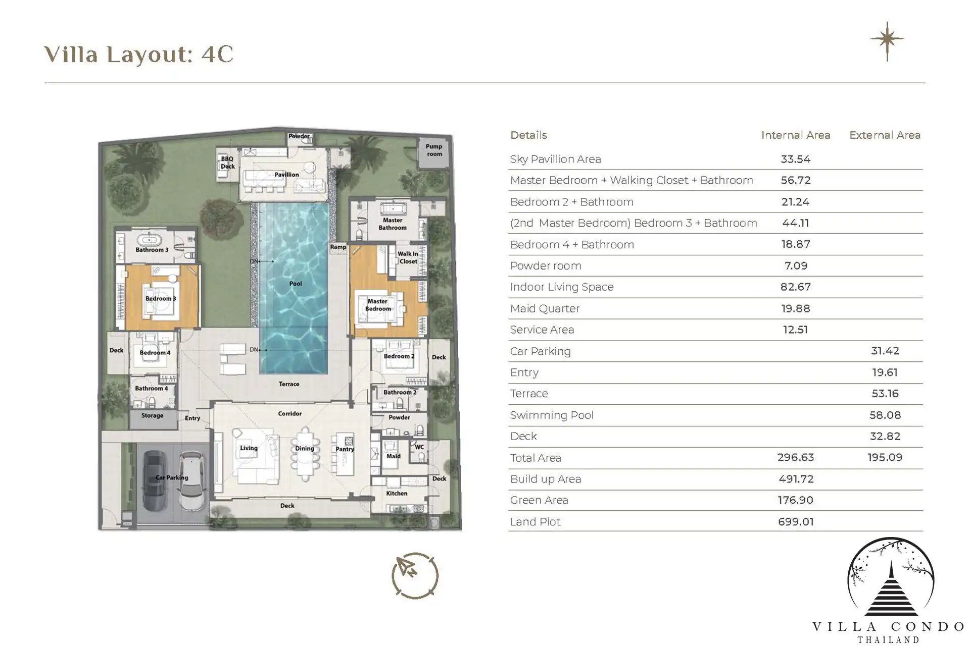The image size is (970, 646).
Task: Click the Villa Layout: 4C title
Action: coord(139,55)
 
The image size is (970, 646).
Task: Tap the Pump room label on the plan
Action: coord(434,150)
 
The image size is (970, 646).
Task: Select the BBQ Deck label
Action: coord(227,163)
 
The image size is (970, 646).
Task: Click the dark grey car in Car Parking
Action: coord(155,479)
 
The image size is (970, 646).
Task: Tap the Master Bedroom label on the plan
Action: coord(378,305)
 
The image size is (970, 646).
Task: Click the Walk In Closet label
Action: coord(408,257)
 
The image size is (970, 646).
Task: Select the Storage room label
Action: coord(152,415)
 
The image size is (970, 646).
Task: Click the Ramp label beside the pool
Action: coord(338,247)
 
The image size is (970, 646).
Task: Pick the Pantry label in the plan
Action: coord(345,449)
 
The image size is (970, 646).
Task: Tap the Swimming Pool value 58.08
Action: coord(885,415)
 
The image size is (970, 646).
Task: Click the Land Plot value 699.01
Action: coord(796,522)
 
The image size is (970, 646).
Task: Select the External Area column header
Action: coord(885,135)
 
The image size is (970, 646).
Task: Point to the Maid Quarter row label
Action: coord(545,308)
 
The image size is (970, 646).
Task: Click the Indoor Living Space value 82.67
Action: coord(796,287)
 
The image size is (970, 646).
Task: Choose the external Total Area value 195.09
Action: coord(885,457)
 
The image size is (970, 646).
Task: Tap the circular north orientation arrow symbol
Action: coord(415,576)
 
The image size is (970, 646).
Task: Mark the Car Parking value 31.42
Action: coord(885,351)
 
